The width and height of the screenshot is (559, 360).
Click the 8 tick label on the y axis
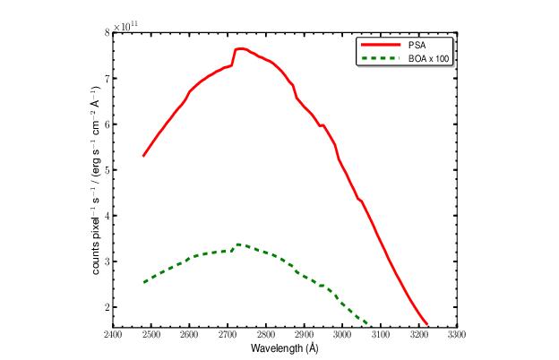tap(107, 32)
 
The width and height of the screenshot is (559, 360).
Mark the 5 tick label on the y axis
tap(107, 169)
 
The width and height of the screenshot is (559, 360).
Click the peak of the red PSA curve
tap(240, 48)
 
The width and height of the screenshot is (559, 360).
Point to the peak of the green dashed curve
tap(238, 244)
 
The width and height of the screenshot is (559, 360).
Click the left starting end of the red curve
tap(143, 156)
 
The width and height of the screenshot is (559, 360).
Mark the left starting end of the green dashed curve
tap(143, 282)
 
